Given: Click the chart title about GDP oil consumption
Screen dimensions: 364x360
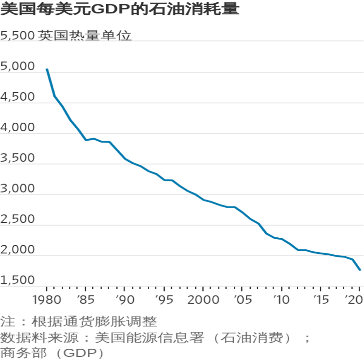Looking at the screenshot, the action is (x=120, y=9).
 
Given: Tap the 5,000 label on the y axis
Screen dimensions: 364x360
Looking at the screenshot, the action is (x=17, y=66).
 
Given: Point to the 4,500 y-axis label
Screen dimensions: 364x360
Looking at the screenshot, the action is (x=17, y=97).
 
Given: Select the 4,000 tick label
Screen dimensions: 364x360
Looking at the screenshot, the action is (x=17, y=127).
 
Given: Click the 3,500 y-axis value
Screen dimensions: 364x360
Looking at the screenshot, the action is (x=17, y=158).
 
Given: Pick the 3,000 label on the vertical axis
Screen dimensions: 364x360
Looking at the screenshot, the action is (x=17, y=188).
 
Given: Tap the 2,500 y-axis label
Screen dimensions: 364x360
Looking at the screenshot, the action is (x=17, y=219).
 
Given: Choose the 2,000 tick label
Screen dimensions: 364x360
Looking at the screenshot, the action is (x=17, y=249).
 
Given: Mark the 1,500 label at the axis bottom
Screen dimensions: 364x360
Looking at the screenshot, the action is (x=17, y=280).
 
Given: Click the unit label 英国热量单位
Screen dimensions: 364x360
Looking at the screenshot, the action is (x=85, y=36).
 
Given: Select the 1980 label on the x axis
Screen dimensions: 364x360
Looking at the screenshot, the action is (x=47, y=300).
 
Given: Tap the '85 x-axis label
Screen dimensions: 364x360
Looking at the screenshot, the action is (x=86, y=300).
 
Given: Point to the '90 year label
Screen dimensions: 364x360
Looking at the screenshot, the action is (x=125, y=300).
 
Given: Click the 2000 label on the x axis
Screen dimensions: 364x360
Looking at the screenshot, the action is (x=203, y=300).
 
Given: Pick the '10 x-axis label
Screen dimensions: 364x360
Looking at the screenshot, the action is (x=281, y=300).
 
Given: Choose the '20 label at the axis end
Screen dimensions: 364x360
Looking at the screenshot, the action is (x=354, y=300).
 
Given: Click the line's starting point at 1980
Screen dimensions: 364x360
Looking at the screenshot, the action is (x=47, y=69).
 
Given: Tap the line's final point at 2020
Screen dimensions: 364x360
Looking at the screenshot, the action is (x=360, y=270).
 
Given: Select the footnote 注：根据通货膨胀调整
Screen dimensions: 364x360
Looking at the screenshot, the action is (x=79, y=321).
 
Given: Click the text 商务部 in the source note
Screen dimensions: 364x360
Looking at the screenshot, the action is (x=23, y=353).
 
